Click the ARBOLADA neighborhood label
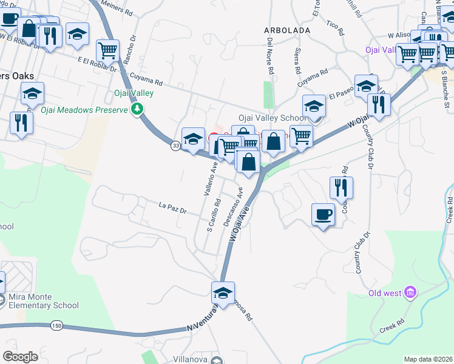tap(287, 30)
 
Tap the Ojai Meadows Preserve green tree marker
tap(138, 109)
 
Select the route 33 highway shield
tap(175, 146)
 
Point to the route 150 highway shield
tap(57, 326)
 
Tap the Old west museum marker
tap(411, 294)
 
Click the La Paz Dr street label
tap(172, 209)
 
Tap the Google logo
tap(20, 356)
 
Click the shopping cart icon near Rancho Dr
tap(108, 51)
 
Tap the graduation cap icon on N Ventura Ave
tap(223, 293)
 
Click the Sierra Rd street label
tap(298, 59)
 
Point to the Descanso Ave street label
tap(234, 206)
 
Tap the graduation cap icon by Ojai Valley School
tap(314, 106)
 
